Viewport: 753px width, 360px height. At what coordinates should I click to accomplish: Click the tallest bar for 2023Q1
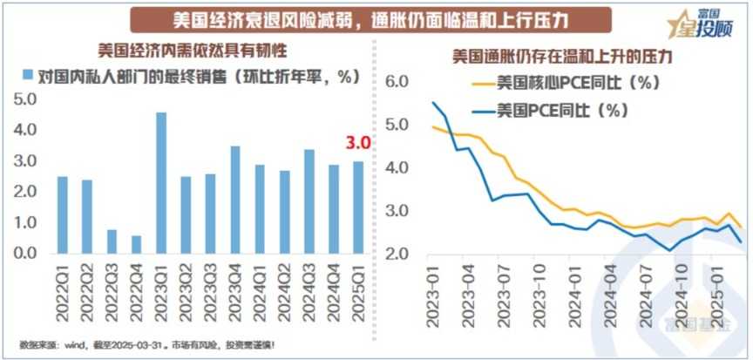click(x=161, y=183)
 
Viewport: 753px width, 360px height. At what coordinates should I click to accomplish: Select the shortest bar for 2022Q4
click(x=136, y=245)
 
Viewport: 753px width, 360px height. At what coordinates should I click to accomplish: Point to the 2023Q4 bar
click(x=234, y=200)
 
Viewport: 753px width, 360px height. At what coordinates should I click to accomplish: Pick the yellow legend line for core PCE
click(x=482, y=85)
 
